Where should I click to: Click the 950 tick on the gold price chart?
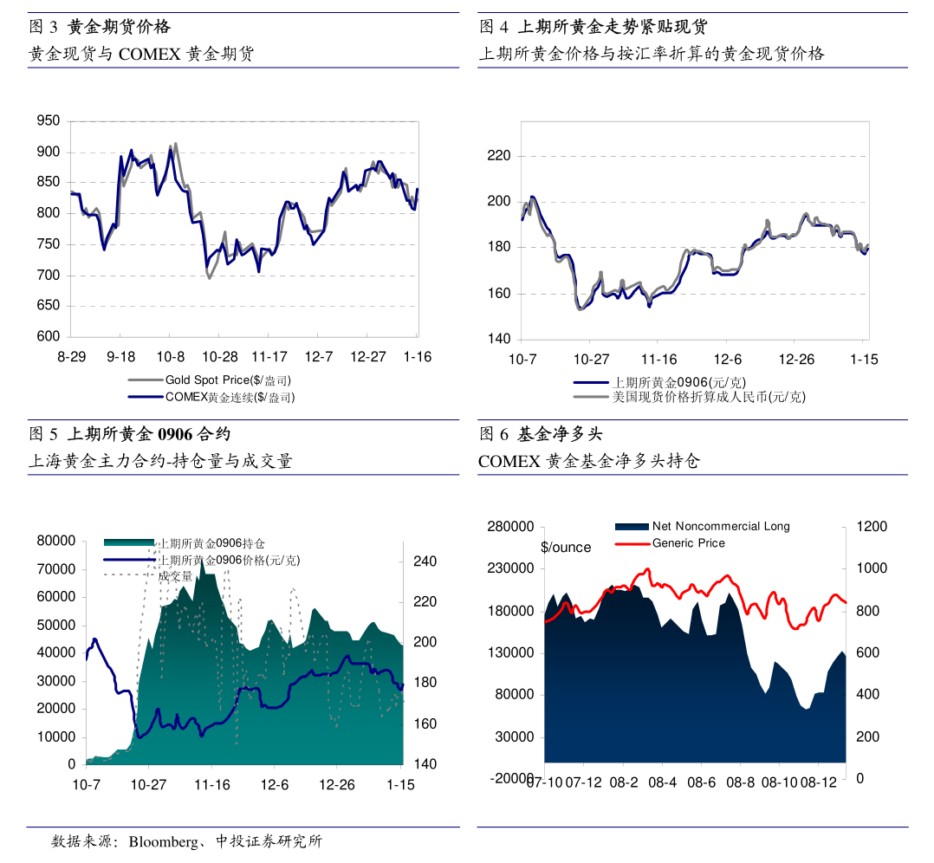pos(48,121)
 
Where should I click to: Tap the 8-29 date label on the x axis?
pos(72,357)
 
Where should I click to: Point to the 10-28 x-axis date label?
pos(220,357)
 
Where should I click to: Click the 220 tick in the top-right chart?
pos(499,156)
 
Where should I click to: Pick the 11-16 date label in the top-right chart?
pos(658,360)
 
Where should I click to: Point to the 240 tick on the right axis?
pos(425,561)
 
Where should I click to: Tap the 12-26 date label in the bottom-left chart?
pos(337,785)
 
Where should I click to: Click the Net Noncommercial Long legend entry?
pos(721,526)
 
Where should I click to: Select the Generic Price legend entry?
pos(688,543)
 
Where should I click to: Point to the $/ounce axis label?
pos(566,548)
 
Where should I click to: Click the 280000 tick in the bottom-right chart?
pos(511,527)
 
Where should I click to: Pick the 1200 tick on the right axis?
pos(872,527)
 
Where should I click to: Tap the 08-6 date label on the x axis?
pos(702,782)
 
